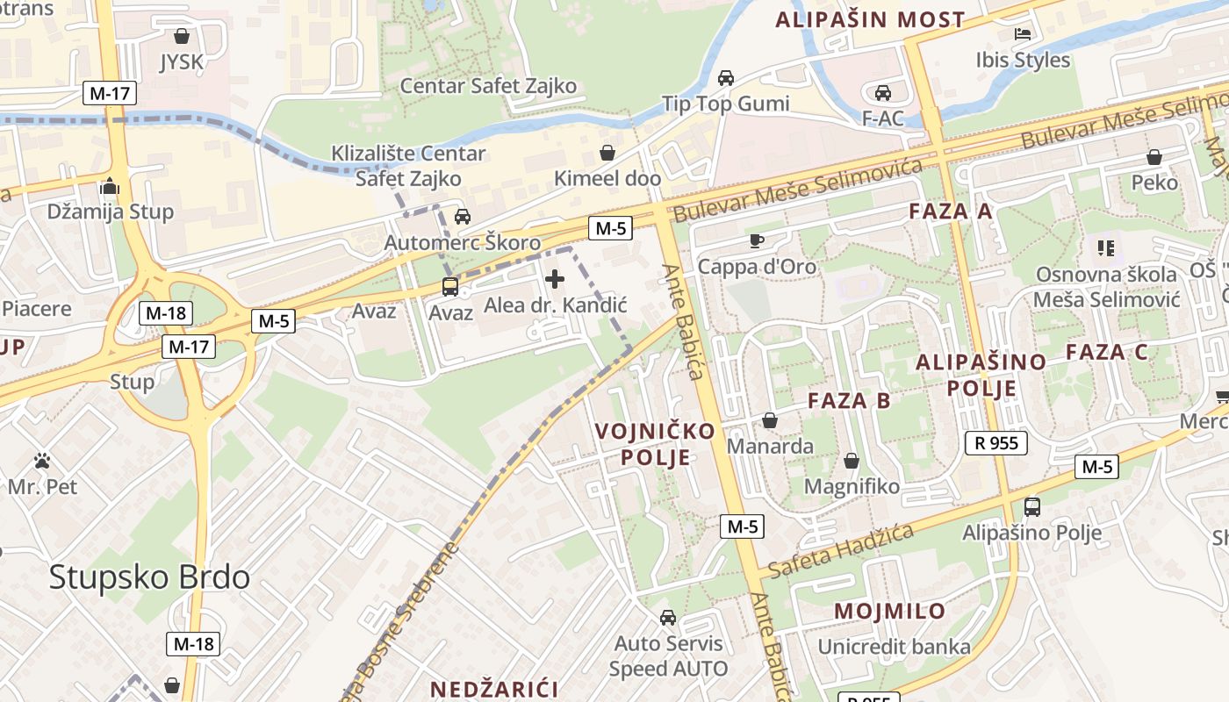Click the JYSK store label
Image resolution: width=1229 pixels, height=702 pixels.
[181, 62]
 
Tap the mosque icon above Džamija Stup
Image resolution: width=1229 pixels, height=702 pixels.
[110, 186]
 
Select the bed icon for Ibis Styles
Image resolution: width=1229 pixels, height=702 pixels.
[1023, 34]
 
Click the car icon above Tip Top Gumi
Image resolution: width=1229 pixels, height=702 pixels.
[726, 77]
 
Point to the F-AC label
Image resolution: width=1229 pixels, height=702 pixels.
[882, 118]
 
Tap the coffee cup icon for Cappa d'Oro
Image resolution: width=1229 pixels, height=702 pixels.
[756, 240]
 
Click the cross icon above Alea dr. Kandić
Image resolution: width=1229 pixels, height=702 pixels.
[555, 279]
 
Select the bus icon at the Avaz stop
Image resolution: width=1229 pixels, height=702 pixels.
[449, 286]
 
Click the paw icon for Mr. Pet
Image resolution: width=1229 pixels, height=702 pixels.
[42, 461]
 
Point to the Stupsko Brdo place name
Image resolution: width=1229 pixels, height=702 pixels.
[149, 577]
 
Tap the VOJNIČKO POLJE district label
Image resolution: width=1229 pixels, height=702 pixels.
[655, 444]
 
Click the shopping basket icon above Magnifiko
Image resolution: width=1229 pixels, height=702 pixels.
[851, 461]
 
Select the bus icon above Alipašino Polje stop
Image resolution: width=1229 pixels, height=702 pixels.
[1032, 506]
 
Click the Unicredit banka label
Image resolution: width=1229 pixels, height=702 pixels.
[894, 648]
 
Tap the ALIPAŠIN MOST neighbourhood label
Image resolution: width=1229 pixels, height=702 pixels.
[870, 19]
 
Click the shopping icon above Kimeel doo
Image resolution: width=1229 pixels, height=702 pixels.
[607, 153]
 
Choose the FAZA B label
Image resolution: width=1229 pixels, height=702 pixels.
[849, 401]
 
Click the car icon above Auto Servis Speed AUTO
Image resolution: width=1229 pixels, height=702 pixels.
[668, 618]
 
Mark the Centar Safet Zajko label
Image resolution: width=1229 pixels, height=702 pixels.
[488, 85]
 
